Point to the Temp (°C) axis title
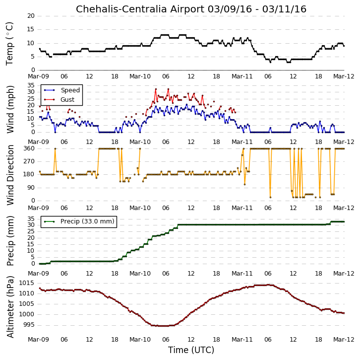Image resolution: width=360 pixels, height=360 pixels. click(x=9, y=44)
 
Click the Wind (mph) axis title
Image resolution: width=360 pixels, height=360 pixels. click(x=10, y=109)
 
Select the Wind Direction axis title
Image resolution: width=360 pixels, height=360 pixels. click(x=10, y=175)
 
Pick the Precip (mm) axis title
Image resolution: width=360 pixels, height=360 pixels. click(x=10, y=241)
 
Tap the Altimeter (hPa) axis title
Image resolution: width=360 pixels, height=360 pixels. click(x=10, y=307)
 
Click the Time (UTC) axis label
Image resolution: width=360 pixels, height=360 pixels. click(x=191, y=350)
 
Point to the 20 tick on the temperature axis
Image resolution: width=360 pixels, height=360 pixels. click(x=31, y=16)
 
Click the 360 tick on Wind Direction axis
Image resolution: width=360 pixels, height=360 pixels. click(x=29, y=148)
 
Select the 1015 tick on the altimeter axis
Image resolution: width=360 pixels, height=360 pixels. click(x=27, y=283)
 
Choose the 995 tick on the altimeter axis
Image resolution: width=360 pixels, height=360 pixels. click(x=29, y=325)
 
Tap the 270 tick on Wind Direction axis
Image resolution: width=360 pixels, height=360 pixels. click(x=29, y=161)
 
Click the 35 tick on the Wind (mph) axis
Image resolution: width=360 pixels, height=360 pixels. click(x=31, y=85)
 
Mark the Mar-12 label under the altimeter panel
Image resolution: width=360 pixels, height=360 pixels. click(x=344, y=340)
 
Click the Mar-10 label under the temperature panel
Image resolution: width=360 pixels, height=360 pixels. click(x=140, y=76)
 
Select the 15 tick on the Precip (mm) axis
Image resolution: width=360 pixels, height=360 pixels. click(x=31, y=244)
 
